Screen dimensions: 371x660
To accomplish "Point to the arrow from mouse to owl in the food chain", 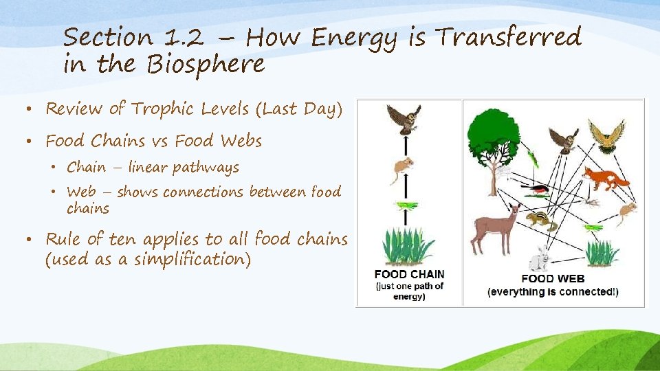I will pyautogui.click(x=406, y=146).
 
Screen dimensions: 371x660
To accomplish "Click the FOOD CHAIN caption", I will pyautogui.click(x=409, y=274).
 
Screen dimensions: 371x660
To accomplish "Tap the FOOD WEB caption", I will pyautogui.click(x=553, y=279).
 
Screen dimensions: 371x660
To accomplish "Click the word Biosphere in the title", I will pyautogui.click(x=206, y=64).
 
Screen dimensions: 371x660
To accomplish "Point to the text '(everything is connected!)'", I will pyautogui.click(x=553, y=292).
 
